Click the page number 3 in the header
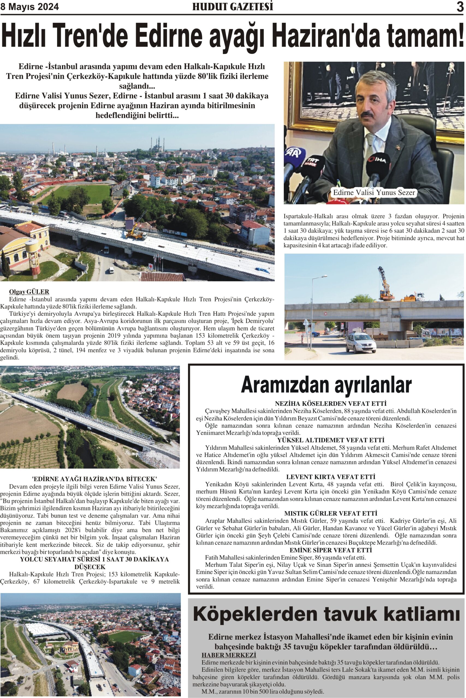coord(460,7)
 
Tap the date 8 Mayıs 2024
coord(29,7)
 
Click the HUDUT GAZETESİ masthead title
coord(232,7)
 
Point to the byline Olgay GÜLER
coord(29,292)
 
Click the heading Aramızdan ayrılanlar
coord(326,385)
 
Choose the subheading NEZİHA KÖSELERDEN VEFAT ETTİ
coord(326,404)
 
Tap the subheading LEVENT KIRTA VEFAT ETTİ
coord(326,477)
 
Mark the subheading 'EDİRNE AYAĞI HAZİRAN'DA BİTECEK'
coord(94,479)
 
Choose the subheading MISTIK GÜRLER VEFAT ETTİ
coord(326,513)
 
